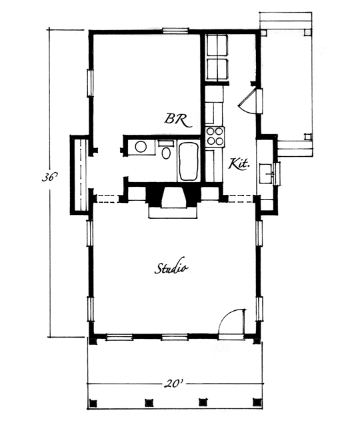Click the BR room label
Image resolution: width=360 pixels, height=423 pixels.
pos(178,119)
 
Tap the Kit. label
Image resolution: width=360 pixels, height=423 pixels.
pos(238,163)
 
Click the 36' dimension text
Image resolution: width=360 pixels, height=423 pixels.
pos(49,177)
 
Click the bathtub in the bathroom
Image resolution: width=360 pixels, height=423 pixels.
pos(189,161)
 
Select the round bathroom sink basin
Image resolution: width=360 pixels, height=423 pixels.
pos(141,147)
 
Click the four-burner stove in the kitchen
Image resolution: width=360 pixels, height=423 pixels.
pos(215,137)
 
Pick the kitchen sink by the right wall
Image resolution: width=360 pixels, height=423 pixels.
pos(267,173)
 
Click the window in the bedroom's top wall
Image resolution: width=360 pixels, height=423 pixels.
pos(175,30)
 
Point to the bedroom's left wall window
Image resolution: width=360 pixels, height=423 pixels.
pos(90,83)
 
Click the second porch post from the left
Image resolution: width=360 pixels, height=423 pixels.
pos(149,403)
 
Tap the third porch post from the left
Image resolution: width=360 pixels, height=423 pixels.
pos(203,402)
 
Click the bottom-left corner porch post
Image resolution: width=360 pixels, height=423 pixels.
pos(93,403)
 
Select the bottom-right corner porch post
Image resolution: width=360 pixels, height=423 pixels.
pos(257,402)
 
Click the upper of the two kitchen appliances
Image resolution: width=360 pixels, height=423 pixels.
pos(217,45)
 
